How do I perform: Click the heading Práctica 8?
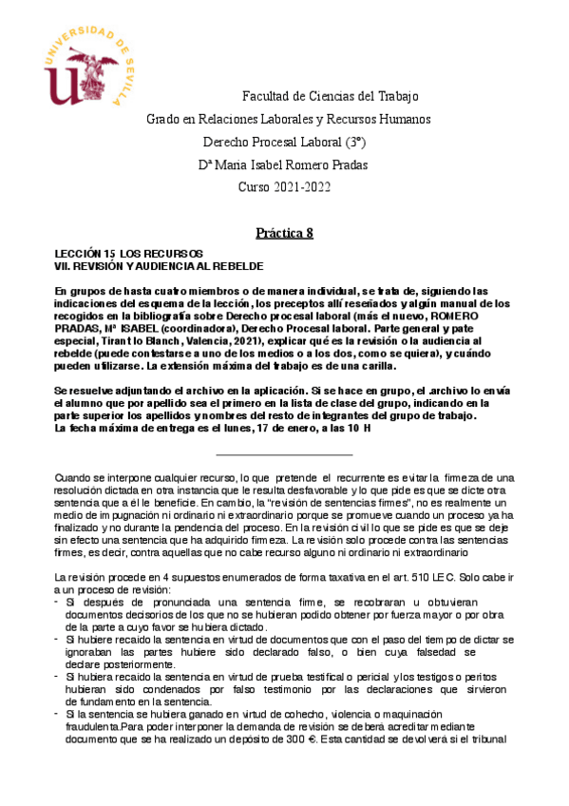284,233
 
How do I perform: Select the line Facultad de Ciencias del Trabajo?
331,97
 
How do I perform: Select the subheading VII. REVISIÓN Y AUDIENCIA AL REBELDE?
159,266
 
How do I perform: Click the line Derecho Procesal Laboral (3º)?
285,143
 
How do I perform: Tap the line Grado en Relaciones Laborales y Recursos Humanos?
275,120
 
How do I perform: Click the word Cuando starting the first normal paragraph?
75,476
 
